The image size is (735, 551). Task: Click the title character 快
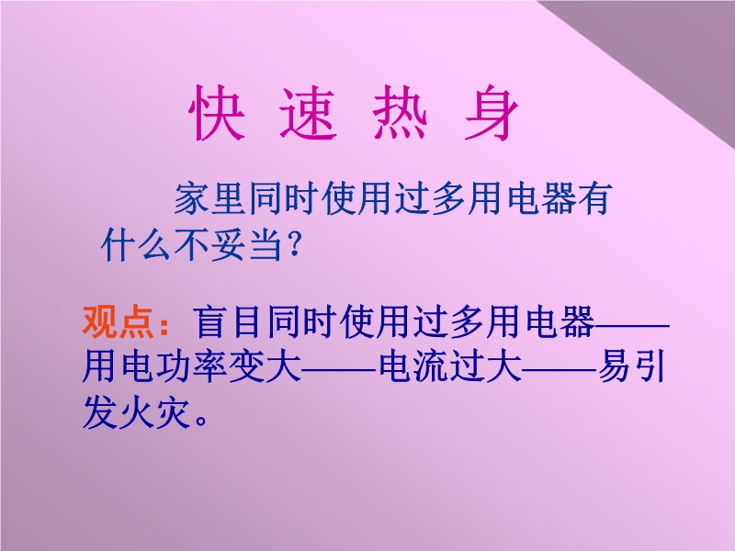[217, 113]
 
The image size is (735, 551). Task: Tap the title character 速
[309, 114]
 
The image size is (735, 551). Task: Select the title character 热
[401, 113]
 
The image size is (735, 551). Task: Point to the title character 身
[492, 113]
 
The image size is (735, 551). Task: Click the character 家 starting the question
[191, 198]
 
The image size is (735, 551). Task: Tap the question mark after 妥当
[295, 244]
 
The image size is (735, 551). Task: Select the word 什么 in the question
[136, 244]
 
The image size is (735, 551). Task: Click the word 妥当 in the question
[246, 244]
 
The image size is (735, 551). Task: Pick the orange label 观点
[118, 322]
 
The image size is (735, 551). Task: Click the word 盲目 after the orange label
[227, 322]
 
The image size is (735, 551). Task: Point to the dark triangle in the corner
[671, 51]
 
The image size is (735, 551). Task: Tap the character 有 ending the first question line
[594, 198]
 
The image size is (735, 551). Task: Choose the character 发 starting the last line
[100, 412]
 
